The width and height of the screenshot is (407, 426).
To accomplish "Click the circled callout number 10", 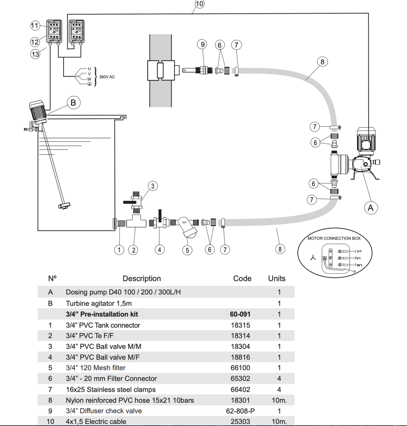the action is point(199,4).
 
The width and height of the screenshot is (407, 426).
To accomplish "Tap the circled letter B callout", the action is point(74,102).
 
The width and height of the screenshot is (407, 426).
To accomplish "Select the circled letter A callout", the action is point(371,208).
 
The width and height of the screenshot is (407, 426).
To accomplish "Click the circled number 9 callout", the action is point(202,44).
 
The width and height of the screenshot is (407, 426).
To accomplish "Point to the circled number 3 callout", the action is point(153,186).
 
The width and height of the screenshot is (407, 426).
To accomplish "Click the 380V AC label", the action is point(107,77).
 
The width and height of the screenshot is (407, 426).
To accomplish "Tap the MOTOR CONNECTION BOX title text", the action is point(334,239).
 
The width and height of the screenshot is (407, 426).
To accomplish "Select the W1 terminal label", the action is point(359,265).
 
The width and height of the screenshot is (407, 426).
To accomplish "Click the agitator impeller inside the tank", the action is point(64,206).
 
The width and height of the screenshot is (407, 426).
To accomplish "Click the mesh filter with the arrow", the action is point(187,226).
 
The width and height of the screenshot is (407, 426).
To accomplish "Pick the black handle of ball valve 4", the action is point(160,216).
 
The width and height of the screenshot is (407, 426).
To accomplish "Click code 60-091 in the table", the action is point(240,314).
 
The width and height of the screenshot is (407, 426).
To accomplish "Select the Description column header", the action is point(141,279).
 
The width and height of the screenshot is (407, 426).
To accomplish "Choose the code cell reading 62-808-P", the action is point(240,411).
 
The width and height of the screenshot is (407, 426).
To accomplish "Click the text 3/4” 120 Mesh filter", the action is point(96,368).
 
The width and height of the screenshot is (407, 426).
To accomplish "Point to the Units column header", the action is point(277,279).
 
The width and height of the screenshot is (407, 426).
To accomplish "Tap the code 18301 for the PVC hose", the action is point(240,400).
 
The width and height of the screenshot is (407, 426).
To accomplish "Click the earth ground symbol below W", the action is point(89,84).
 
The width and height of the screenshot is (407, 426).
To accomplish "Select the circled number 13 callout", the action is point(35,54).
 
